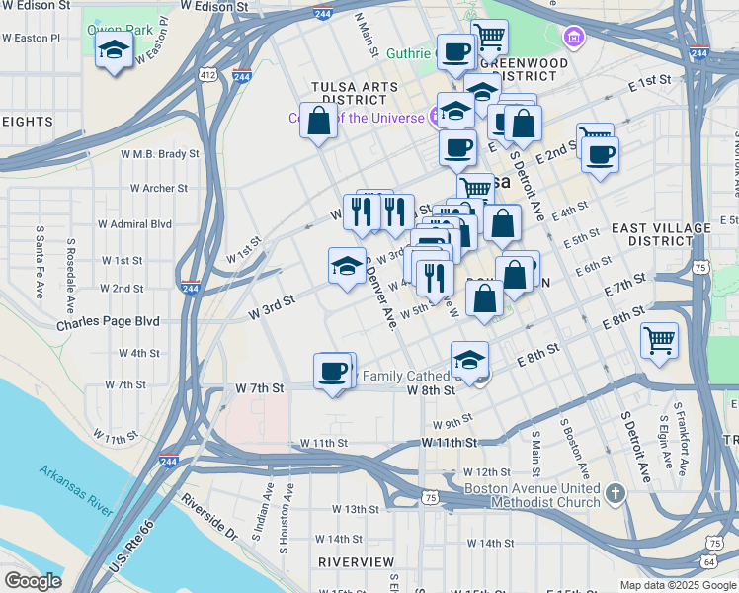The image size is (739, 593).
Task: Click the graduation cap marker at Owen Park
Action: coord(114,51)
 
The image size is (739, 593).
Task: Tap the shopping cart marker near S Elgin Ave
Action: coord(659,340)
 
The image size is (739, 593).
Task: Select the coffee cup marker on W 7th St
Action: coord(333,372)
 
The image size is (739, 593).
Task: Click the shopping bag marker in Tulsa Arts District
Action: coord(318,123)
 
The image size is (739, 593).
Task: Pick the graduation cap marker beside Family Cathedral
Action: coord(470,360)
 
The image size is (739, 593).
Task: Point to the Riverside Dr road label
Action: coord(208,517)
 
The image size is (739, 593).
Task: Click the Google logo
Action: coord(32,581)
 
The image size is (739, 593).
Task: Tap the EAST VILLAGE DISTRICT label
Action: coord(660,234)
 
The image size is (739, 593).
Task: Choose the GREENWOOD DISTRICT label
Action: coord(530,68)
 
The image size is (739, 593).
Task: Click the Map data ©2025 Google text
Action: coord(677,585)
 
